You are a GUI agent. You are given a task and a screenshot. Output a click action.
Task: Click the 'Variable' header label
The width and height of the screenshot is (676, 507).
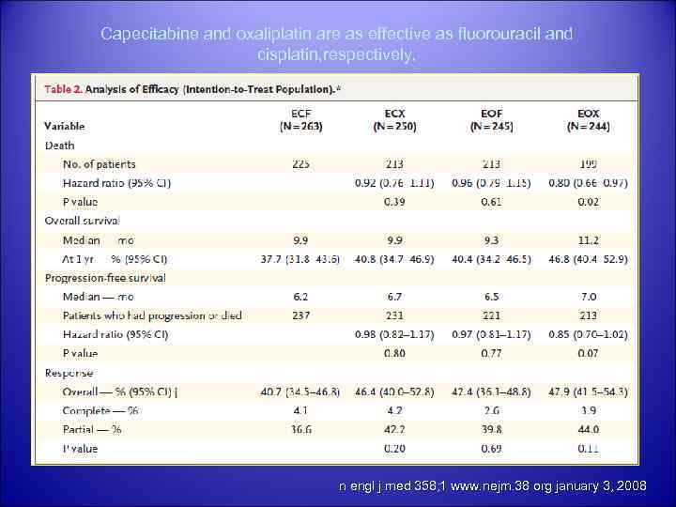coord(65,126)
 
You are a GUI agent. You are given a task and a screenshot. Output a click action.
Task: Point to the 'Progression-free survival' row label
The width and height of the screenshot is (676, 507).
coord(105,277)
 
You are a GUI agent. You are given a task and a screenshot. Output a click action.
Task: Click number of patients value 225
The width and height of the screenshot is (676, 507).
coord(300,163)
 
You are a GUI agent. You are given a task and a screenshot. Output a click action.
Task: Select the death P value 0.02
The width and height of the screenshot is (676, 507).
coord(589,201)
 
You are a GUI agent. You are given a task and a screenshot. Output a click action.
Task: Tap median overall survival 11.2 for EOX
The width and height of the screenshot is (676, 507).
coord(589,239)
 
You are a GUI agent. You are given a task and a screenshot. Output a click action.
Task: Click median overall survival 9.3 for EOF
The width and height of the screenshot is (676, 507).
coord(490,239)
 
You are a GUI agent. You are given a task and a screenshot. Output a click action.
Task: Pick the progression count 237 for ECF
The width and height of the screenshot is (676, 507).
coord(300,315)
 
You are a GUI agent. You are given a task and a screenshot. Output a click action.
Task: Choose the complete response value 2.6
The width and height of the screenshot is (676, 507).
coord(490,410)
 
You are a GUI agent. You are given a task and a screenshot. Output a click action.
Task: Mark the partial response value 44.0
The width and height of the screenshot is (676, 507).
coord(589,429)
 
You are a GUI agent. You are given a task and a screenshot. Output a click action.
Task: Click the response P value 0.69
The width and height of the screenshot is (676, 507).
coord(490,449)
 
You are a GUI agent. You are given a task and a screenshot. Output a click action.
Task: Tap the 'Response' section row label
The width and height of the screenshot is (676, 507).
coord(69,372)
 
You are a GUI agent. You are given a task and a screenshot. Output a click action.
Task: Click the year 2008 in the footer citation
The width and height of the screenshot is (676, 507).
coord(627,486)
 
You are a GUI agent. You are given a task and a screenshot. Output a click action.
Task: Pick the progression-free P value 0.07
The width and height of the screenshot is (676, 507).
coord(589,353)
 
